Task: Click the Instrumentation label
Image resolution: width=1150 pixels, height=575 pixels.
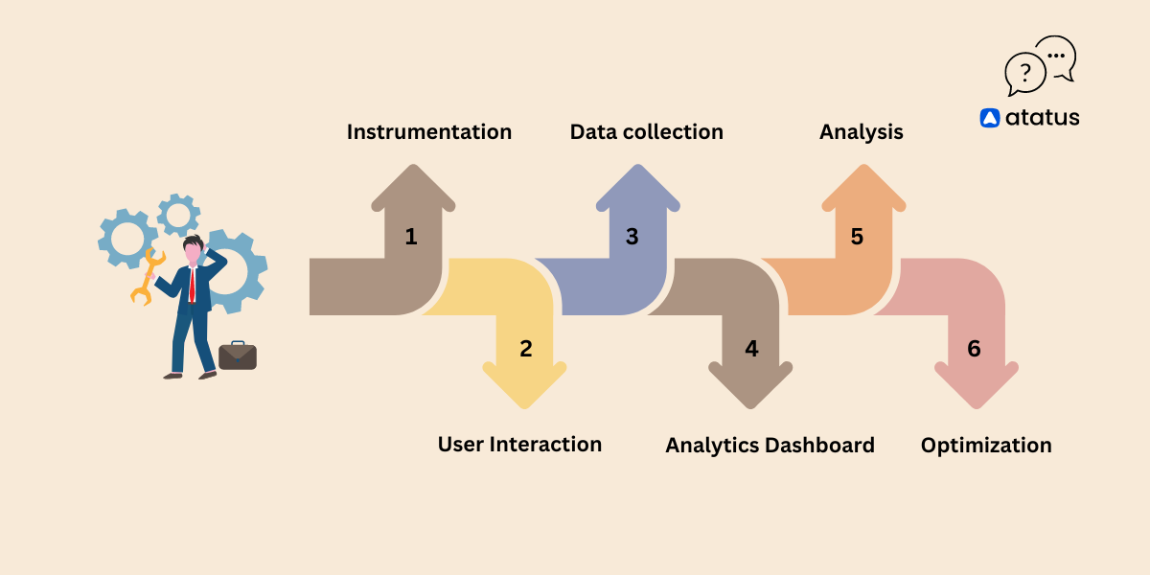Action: click(x=428, y=132)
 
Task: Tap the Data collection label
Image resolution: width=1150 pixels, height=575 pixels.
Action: click(x=646, y=132)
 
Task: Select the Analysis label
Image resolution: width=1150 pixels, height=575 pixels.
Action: click(x=861, y=132)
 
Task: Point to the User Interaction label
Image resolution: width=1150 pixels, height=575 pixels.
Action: click(x=519, y=445)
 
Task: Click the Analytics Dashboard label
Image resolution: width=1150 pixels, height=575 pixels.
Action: click(x=770, y=446)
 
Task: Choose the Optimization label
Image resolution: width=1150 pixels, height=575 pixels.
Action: click(x=986, y=446)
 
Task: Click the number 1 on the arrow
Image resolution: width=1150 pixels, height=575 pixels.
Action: click(x=411, y=237)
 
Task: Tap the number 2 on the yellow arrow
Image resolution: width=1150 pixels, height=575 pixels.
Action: click(x=525, y=349)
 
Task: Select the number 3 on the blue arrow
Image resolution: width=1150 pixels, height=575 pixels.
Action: click(x=632, y=237)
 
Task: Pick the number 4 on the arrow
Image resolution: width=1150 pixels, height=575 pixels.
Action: click(x=751, y=349)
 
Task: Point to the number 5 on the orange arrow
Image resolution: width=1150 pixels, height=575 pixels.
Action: click(x=857, y=237)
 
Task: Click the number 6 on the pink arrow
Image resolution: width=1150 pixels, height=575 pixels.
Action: click(x=974, y=349)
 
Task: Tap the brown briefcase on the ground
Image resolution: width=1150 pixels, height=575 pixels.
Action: click(x=237, y=356)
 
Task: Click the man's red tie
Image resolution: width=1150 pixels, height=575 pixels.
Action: click(x=193, y=285)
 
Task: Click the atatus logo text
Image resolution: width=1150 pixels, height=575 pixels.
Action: click(x=1042, y=118)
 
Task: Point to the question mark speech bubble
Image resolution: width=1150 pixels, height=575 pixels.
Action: click(x=1024, y=74)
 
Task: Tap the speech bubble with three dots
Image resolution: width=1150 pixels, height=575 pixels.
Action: click(x=1056, y=57)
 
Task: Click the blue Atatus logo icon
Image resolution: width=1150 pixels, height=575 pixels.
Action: click(x=990, y=118)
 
